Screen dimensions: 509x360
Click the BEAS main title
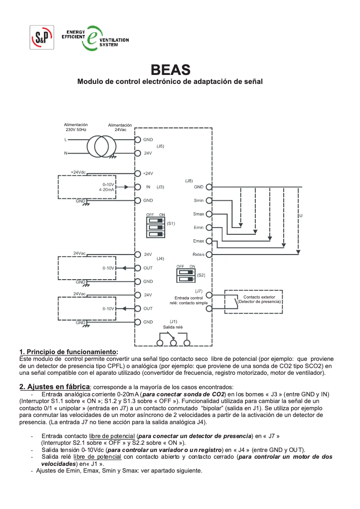[x=170, y=70]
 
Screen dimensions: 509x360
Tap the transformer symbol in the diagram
[x=101, y=146]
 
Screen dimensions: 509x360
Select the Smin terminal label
[x=198, y=201]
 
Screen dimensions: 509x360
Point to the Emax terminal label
[x=198, y=241]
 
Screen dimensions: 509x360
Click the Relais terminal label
[x=198, y=254]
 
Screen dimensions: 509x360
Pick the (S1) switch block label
[x=171, y=223]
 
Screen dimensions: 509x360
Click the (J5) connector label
[x=160, y=146]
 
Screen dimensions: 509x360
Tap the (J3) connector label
[x=160, y=187]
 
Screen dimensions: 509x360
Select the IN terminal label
[x=147, y=187]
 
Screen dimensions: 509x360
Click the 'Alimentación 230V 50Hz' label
[x=76, y=127]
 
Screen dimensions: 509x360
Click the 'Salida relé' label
[x=173, y=327]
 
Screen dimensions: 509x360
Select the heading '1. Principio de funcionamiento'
[x=69, y=351]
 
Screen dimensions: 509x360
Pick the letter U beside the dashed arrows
[x=301, y=216]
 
